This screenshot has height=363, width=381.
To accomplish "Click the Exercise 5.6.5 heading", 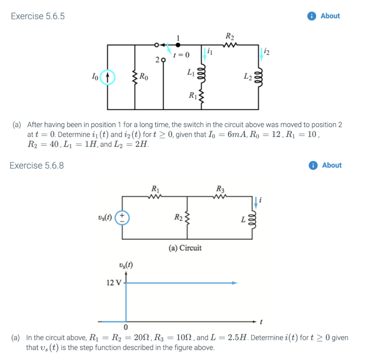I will tap(38, 16).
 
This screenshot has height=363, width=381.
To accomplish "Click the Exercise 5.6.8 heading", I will tap(36, 166).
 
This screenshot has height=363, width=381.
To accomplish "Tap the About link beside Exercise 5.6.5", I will tap(330, 16).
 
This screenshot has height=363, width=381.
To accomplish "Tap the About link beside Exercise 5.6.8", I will tap(331, 165).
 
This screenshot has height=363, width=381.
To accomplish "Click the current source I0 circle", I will tap(108, 77).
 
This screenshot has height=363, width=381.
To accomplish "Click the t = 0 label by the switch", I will tap(181, 55).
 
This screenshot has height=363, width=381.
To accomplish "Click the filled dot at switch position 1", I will tap(178, 45).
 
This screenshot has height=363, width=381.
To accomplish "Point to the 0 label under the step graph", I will tap(126, 327).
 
